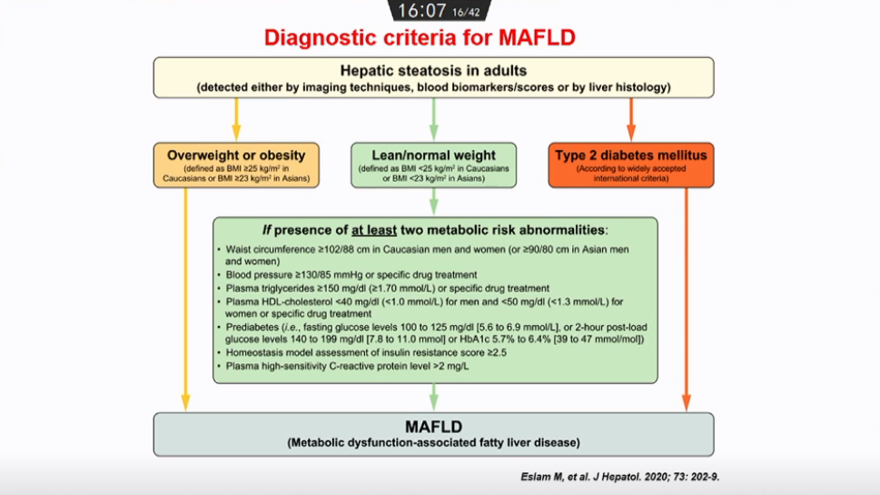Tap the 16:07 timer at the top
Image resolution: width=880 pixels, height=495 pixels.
pos(423,10)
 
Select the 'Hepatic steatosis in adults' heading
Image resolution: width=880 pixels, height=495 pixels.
pos(432,71)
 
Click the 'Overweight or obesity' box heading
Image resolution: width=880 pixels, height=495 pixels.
pos(236,154)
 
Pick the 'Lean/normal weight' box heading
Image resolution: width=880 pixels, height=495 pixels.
pos(433,154)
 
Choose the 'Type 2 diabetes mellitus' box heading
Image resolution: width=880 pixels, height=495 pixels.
pos(630,154)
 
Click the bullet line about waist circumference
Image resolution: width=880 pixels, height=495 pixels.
pos(427,249)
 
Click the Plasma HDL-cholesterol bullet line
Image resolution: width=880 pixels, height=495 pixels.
pos(427,301)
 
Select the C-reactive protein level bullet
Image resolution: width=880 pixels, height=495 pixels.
pos(348,365)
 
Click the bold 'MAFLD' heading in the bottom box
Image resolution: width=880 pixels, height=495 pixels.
pos(433,426)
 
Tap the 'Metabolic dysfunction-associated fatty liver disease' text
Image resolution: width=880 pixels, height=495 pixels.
pos(433,442)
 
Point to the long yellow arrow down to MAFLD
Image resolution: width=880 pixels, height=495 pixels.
pos(186,300)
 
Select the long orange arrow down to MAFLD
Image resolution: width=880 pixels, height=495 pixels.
pos(686,300)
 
